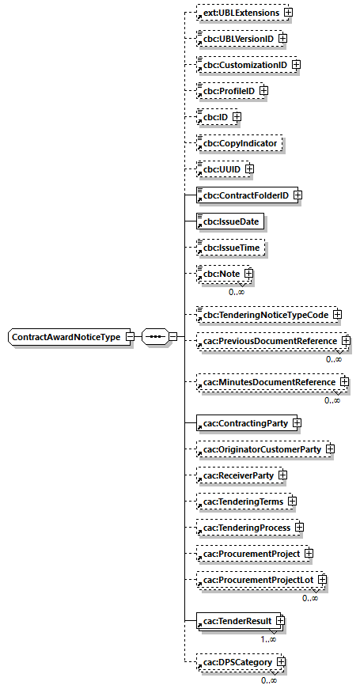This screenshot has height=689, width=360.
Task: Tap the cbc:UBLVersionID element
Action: [x=237, y=38]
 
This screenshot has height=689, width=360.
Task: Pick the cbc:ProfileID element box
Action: [x=228, y=90]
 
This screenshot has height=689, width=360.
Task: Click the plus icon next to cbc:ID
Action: [x=237, y=117]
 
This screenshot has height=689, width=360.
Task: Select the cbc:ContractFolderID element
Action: [x=244, y=195]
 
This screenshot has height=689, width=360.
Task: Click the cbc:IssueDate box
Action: [x=230, y=221]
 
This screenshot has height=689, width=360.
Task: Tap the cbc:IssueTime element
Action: [x=230, y=248]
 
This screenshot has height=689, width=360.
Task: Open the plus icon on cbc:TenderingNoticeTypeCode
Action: [x=338, y=315]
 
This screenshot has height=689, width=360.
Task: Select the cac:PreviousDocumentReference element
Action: [x=269, y=340]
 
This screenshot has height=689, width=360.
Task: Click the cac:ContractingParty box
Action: [x=244, y=423]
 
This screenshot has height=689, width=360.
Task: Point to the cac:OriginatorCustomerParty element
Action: [x=261, y=449]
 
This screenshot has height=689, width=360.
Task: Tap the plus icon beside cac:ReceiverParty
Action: [x=282, y=475]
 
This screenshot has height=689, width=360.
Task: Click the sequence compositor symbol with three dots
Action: [x=156, y=337]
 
